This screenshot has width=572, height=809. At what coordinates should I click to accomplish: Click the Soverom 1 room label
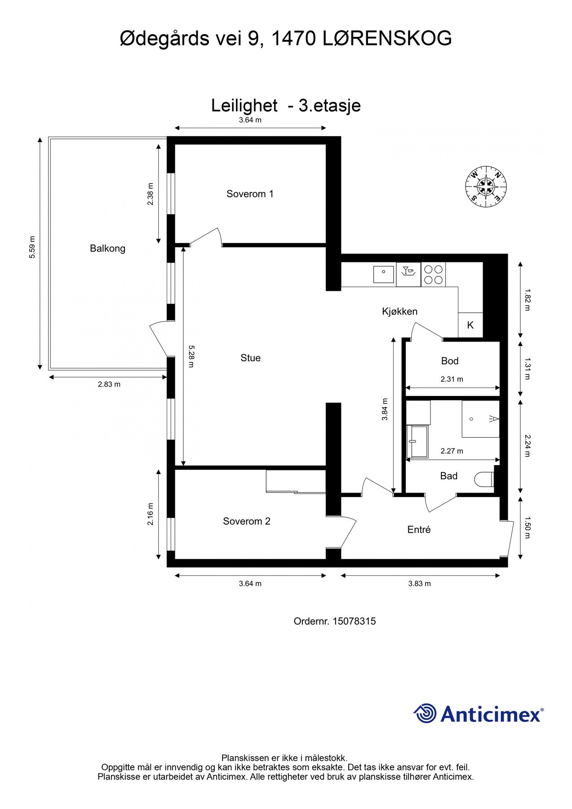coord(250,194)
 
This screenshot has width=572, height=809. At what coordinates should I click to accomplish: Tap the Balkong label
coord(107,248)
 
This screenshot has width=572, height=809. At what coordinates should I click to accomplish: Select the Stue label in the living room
coord(250,358)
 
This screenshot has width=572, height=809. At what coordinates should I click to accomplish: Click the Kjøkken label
coord(399,311)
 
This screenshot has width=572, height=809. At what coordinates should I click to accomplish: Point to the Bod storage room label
coord(450,361)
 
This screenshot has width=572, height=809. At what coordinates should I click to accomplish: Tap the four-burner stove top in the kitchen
coord(434,275)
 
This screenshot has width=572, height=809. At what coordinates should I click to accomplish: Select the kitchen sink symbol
coord(383,274)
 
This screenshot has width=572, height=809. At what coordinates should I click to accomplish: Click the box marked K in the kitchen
coord(470,325)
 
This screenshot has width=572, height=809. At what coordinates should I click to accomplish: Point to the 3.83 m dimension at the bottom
coord(419,583)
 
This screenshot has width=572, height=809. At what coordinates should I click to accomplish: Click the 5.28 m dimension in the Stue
coord(191,356)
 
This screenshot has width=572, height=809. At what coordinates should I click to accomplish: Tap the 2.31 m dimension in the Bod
coord(452,379)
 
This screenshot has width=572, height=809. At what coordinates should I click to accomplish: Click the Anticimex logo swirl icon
coord(425,713)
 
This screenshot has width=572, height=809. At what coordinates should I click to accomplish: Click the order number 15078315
coord(354,621)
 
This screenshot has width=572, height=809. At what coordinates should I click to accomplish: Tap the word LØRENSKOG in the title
coord(387,39)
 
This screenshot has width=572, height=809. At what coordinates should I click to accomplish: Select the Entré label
coord(419,529)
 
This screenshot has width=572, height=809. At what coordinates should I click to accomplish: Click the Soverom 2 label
coord(247,521)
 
